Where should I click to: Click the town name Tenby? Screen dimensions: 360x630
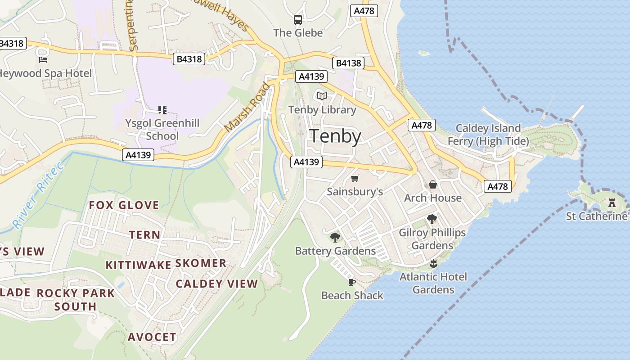coord(336,136)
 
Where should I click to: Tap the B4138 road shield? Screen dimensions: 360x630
coord(349,63)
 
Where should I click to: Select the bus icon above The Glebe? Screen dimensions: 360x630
coord(298,20)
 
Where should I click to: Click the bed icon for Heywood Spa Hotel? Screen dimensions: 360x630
coord(43,59)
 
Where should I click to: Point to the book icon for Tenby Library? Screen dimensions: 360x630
coord(322,96)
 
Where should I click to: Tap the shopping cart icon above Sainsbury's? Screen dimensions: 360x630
coord(355,179)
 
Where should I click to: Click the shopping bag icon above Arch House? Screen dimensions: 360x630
coord(432,184)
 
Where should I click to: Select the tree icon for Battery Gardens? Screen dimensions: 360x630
coord(335,237)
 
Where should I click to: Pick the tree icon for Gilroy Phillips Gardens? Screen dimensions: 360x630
coord(432,219)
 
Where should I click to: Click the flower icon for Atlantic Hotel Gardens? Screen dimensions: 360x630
coord(433,263)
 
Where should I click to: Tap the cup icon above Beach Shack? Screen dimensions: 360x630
coord(352,282)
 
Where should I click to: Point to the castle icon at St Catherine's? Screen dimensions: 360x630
coord(612,203)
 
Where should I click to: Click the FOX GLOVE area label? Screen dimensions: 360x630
coord(124,205)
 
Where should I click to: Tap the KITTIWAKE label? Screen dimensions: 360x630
coord(138,265)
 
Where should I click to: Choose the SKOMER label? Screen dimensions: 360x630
coord(200,263)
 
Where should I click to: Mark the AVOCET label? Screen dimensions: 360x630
coord(152,337)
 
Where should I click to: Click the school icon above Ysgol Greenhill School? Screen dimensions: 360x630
coord(162,109)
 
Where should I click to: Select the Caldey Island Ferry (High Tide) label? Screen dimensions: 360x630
coord(488,135)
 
